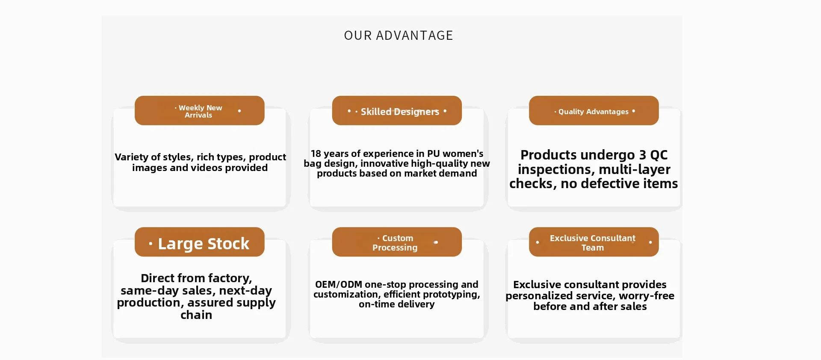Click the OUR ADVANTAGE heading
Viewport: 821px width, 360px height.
tap(399, 35)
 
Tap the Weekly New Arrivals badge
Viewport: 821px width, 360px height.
tap(200, 111)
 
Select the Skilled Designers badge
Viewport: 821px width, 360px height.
tap(397, 111)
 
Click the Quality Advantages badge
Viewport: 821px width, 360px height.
tap(594, 111)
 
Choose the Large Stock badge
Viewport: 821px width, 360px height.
tap(200, 242)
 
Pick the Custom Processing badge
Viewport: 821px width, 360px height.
tap(397, 242)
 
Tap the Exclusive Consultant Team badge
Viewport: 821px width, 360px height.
tap(594, 242)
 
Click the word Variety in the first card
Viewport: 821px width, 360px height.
tap(132, 158)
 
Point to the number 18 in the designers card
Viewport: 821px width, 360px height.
tap(316, 153)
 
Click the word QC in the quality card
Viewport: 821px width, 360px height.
tap(659, 155)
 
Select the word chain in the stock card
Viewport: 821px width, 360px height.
tap(196, 315)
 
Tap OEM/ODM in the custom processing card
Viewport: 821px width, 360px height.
tap(339, 285)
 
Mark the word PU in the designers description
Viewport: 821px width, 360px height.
tap(434, 153)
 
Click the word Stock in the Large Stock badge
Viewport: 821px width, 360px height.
tap(228, 244)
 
